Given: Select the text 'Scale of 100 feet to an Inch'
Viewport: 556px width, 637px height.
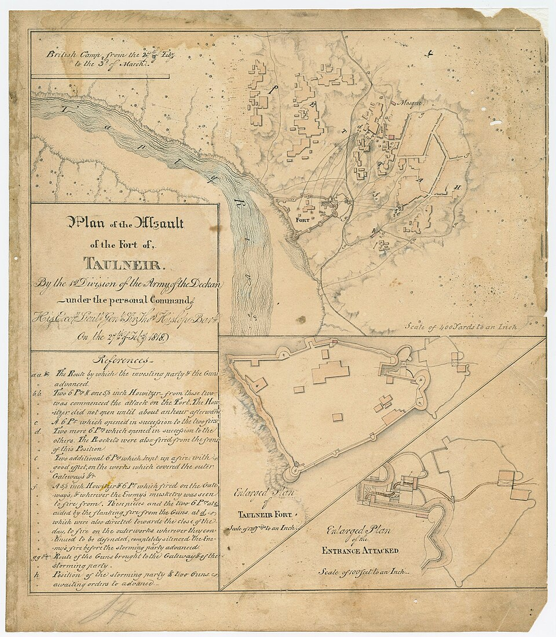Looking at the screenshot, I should (x=360, y=571).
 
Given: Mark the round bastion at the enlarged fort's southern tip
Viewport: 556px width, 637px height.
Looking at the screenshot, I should (x=292, y=473).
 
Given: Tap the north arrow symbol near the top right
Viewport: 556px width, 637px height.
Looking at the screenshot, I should (x=429, y=54).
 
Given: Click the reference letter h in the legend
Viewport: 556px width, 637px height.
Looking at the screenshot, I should (x=36, y=574).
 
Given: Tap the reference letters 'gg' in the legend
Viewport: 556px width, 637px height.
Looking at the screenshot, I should (x=36, y=555).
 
